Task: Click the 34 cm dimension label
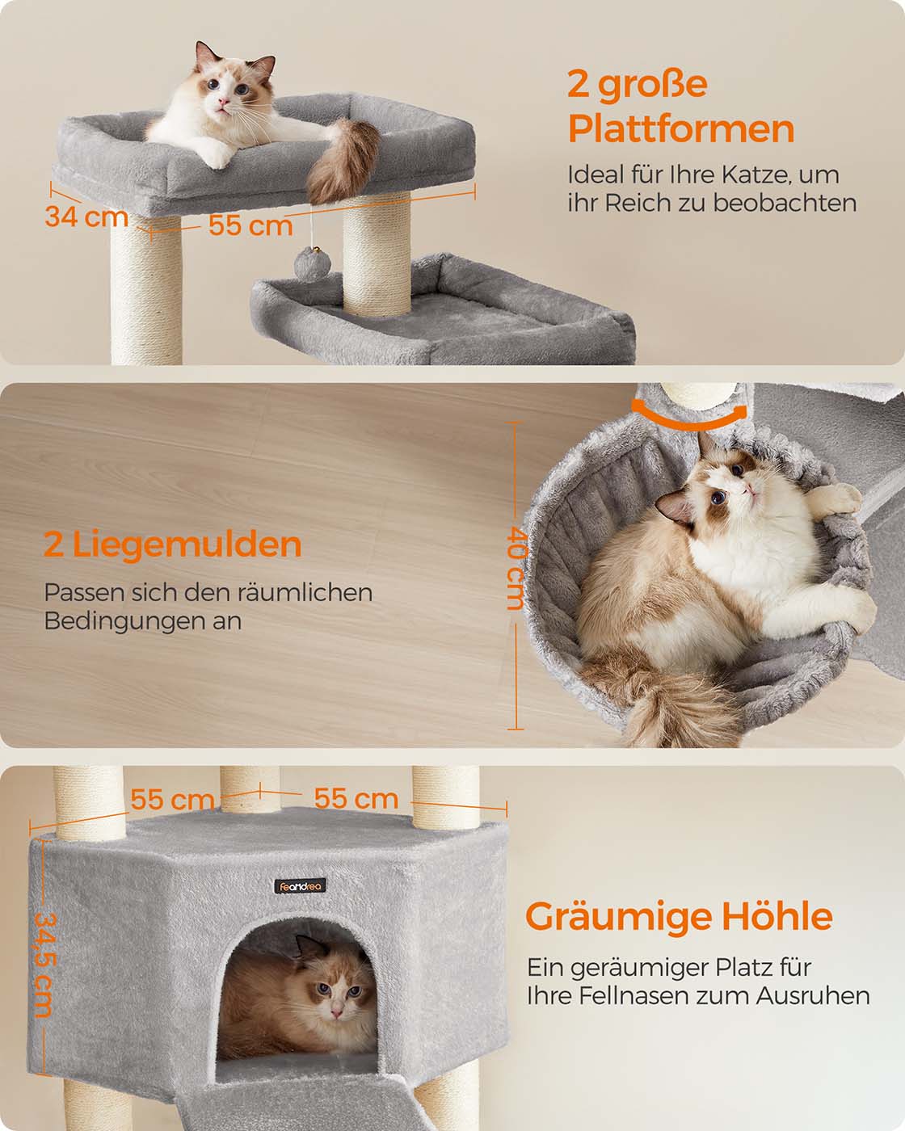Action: pyautogui.click(x=86, y=217)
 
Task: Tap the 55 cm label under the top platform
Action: pyautogui.click(x=250, y=225)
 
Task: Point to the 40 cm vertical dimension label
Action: pyautogui.click(x=516, y=568)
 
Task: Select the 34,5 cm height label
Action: pyautogui.click(x=44, y=964)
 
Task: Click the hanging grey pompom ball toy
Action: pyautogui.click(x=312, y=264)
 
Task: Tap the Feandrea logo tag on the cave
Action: pyautogui.click(x=301, y=886)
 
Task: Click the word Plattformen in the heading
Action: pyautogui.click(x=681, y=129)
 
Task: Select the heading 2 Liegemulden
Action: pyautogui.click(x=172, y=544)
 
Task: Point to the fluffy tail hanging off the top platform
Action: pyautogui.click(x=342, y=160)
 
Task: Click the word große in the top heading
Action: pyautogui.click(x=653, y=84)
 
